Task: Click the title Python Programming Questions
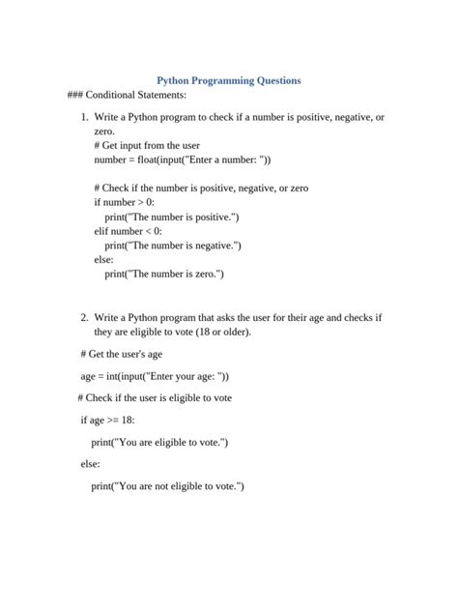[229, 81]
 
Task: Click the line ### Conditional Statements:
[127, 96]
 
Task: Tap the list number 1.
[84, 117]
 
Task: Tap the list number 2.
[84, 317]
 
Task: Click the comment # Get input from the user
[147, 145]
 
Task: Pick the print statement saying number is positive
[172, 217]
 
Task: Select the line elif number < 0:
[129, 231]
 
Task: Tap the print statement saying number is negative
[173, 246]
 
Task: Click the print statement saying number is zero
[164, 274]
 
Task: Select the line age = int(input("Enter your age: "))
[155, 376]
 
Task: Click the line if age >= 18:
[107, 421]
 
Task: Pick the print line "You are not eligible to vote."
[168, 485]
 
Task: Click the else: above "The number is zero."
[103, 260]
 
